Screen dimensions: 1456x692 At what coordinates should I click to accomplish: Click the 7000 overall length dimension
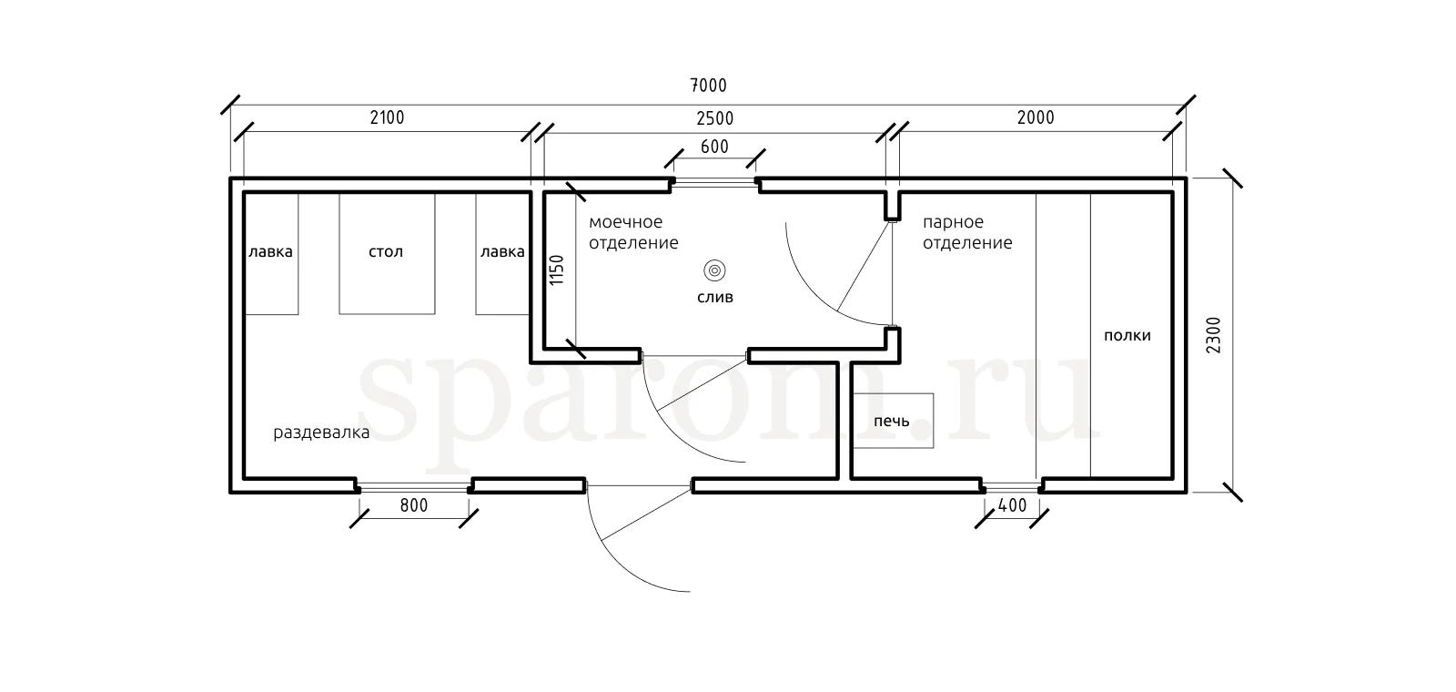(708, 86)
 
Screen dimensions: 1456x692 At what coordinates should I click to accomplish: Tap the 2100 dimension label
(387, 117)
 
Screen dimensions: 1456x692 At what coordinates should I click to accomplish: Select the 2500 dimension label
(714, 118)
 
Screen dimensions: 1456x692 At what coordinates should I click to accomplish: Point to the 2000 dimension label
(1036, 117)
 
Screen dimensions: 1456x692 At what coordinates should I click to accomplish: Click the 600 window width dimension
(714, 147)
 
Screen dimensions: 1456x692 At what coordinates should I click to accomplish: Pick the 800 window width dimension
(413, 505)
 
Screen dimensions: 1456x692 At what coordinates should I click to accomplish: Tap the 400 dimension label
(1012, 505)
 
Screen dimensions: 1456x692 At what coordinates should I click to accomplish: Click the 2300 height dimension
(1214, 335)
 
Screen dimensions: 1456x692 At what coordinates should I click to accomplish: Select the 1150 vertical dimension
(557, 270)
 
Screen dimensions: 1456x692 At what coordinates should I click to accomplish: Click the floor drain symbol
(714, 270)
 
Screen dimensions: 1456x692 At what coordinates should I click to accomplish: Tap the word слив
(715, 297)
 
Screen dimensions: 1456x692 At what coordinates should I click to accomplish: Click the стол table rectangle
(387, 254)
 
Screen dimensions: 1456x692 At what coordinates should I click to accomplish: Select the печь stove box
(893, 420)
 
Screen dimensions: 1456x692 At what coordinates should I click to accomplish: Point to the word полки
(1127, 336)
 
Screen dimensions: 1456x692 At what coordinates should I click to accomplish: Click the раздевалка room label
(321, 432)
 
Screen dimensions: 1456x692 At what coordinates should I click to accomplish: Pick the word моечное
(625, 222)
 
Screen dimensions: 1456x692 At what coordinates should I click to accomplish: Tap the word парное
(953, 222)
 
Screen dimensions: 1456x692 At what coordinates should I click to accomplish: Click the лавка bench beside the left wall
(271, 254)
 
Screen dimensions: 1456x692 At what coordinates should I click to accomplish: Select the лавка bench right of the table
(502, 254)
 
